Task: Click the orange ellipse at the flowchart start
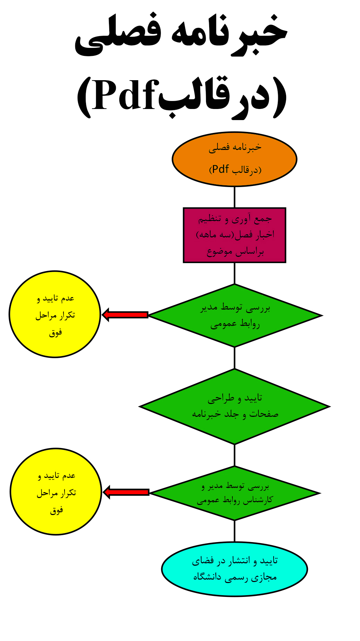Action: [x=234, y=159]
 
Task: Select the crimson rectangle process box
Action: [x=234, y=235]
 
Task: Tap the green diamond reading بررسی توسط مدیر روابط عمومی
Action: [x=235, y=315]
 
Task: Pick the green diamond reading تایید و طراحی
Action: [x=234, y=406]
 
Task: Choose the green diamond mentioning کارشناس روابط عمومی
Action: [x=234, y=493]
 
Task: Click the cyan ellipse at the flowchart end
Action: [x=234, y=569]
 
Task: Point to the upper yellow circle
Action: [x=55, y=314]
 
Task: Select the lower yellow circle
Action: [x=56, y=492]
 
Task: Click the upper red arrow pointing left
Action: [x=125, y=315]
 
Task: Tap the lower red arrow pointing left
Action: [x=126, y=492]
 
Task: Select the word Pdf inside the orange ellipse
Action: [x=220, y=169]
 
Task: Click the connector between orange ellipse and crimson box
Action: [x=234, y=197]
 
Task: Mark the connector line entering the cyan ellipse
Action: [x=234, y=531]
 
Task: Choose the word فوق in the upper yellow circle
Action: [x=55, y=332]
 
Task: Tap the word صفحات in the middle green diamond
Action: [x=264, y=414]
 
